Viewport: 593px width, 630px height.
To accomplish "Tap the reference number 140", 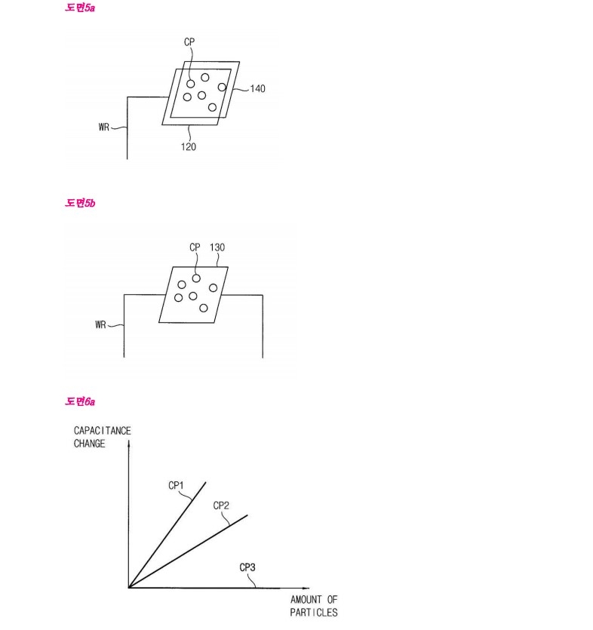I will [x=257, y=88].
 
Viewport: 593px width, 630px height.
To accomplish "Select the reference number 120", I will [x=188, y=147].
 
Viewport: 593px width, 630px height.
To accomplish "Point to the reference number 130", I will [x=218, y=247].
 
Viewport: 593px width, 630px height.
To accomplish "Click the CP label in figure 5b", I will [x=195, y=247].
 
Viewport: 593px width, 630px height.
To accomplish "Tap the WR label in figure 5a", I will [x=105, y=127].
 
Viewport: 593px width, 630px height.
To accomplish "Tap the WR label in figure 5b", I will [x=102, y=325].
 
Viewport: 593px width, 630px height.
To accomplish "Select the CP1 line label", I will [x=176, y=486].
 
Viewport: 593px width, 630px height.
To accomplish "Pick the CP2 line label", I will [x=221, y=505].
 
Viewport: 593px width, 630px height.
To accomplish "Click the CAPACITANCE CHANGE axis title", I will [x=102, y=437].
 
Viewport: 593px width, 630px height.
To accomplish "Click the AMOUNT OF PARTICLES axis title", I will [x=314, y=606].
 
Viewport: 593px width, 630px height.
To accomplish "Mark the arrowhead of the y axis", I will [x=130, y=443].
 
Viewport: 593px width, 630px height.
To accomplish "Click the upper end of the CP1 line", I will [x=206, y=482].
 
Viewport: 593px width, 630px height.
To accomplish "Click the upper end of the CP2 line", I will [x=247, y=515].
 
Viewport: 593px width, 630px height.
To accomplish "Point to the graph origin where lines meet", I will [x=130, y=587].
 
